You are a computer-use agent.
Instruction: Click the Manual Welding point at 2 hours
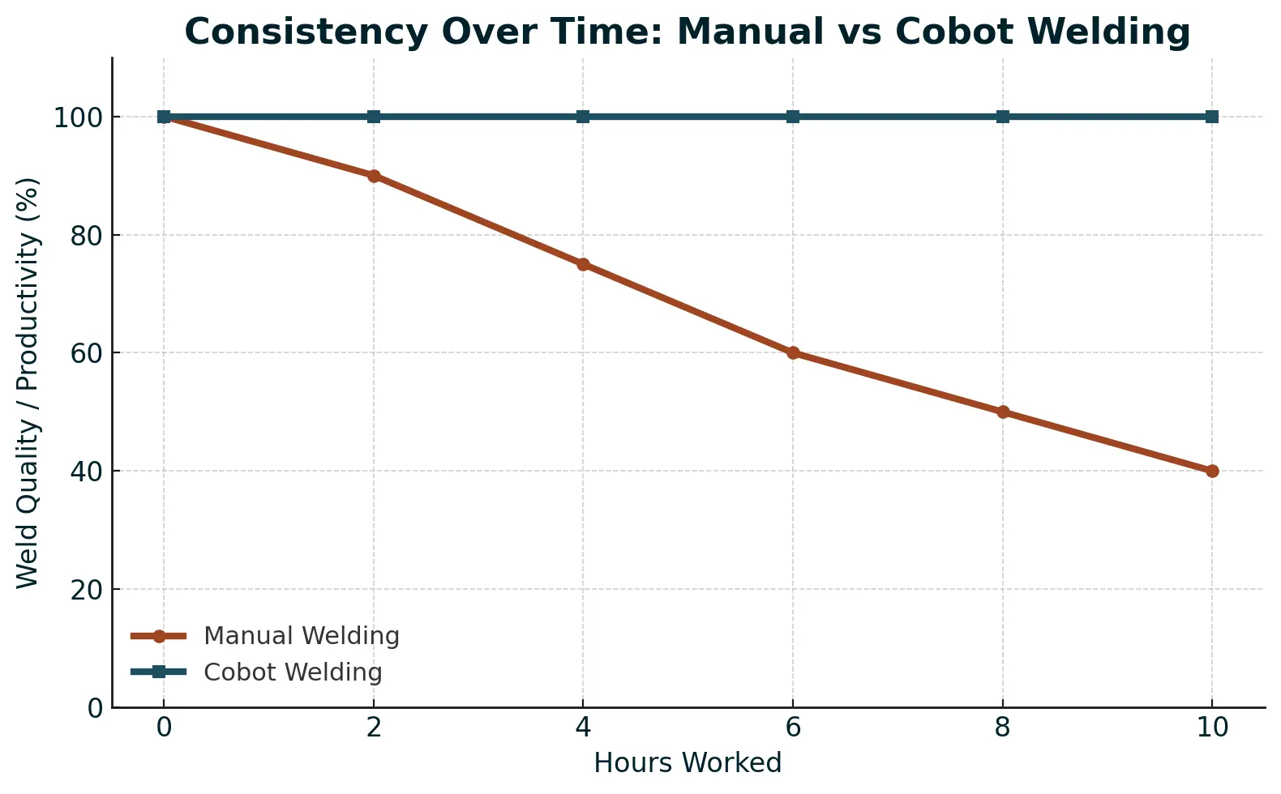(x=374, y=176)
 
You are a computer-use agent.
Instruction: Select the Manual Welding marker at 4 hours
(x=583, y=264)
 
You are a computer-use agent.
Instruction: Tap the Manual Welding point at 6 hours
(x=793, y=352)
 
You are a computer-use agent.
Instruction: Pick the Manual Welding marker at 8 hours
(x=1003, y=412)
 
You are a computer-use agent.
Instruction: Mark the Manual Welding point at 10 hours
(x=1212, y=471)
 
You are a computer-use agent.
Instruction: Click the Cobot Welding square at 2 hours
(x=374, y=117)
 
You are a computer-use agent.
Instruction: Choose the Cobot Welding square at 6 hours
(x=793, y=117)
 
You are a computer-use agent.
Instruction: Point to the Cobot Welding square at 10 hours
(x=1212, y=117)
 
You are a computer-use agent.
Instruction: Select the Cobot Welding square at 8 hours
(x=1003, y=117)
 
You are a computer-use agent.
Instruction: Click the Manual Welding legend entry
(x=301, y=636)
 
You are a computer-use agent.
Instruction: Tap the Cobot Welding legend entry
(x=293, y=672)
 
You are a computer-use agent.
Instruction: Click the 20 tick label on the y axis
(x=86, y=590)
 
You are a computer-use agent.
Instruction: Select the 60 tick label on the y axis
(x=86, y=353)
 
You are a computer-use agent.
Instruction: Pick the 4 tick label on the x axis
(x=583, y=728)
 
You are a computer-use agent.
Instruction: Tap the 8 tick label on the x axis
(x=1003, y=728)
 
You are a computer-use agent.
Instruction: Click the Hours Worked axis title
(x=688, y=763)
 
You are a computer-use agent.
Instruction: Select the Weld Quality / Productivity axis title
(x=28, y=382)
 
